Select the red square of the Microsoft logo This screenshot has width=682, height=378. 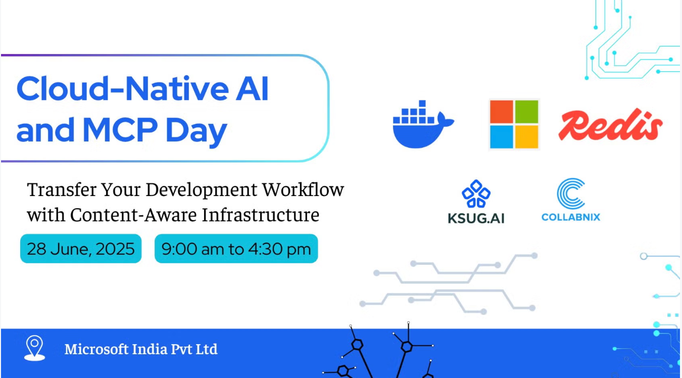[502, 112]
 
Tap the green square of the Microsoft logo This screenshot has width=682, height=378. [527, 112]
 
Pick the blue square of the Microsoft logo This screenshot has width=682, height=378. [502, 137]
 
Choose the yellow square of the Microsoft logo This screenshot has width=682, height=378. [527, 137]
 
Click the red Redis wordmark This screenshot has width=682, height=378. [610, 125]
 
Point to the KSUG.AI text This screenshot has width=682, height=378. [476, 218]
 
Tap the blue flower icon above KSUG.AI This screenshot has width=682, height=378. [476, 194]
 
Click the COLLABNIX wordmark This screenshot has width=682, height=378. [571, 217]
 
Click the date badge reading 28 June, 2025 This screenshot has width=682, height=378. [81, 249]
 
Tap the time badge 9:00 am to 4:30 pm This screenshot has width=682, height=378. [236, 249]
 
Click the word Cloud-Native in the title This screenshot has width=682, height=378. [123, 88]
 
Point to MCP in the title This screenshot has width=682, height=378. [120, 129]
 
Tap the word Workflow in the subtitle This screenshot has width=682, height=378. [303, 190]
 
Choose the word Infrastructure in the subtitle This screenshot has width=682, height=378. [261, 215]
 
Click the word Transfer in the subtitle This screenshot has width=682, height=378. [62, 190]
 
